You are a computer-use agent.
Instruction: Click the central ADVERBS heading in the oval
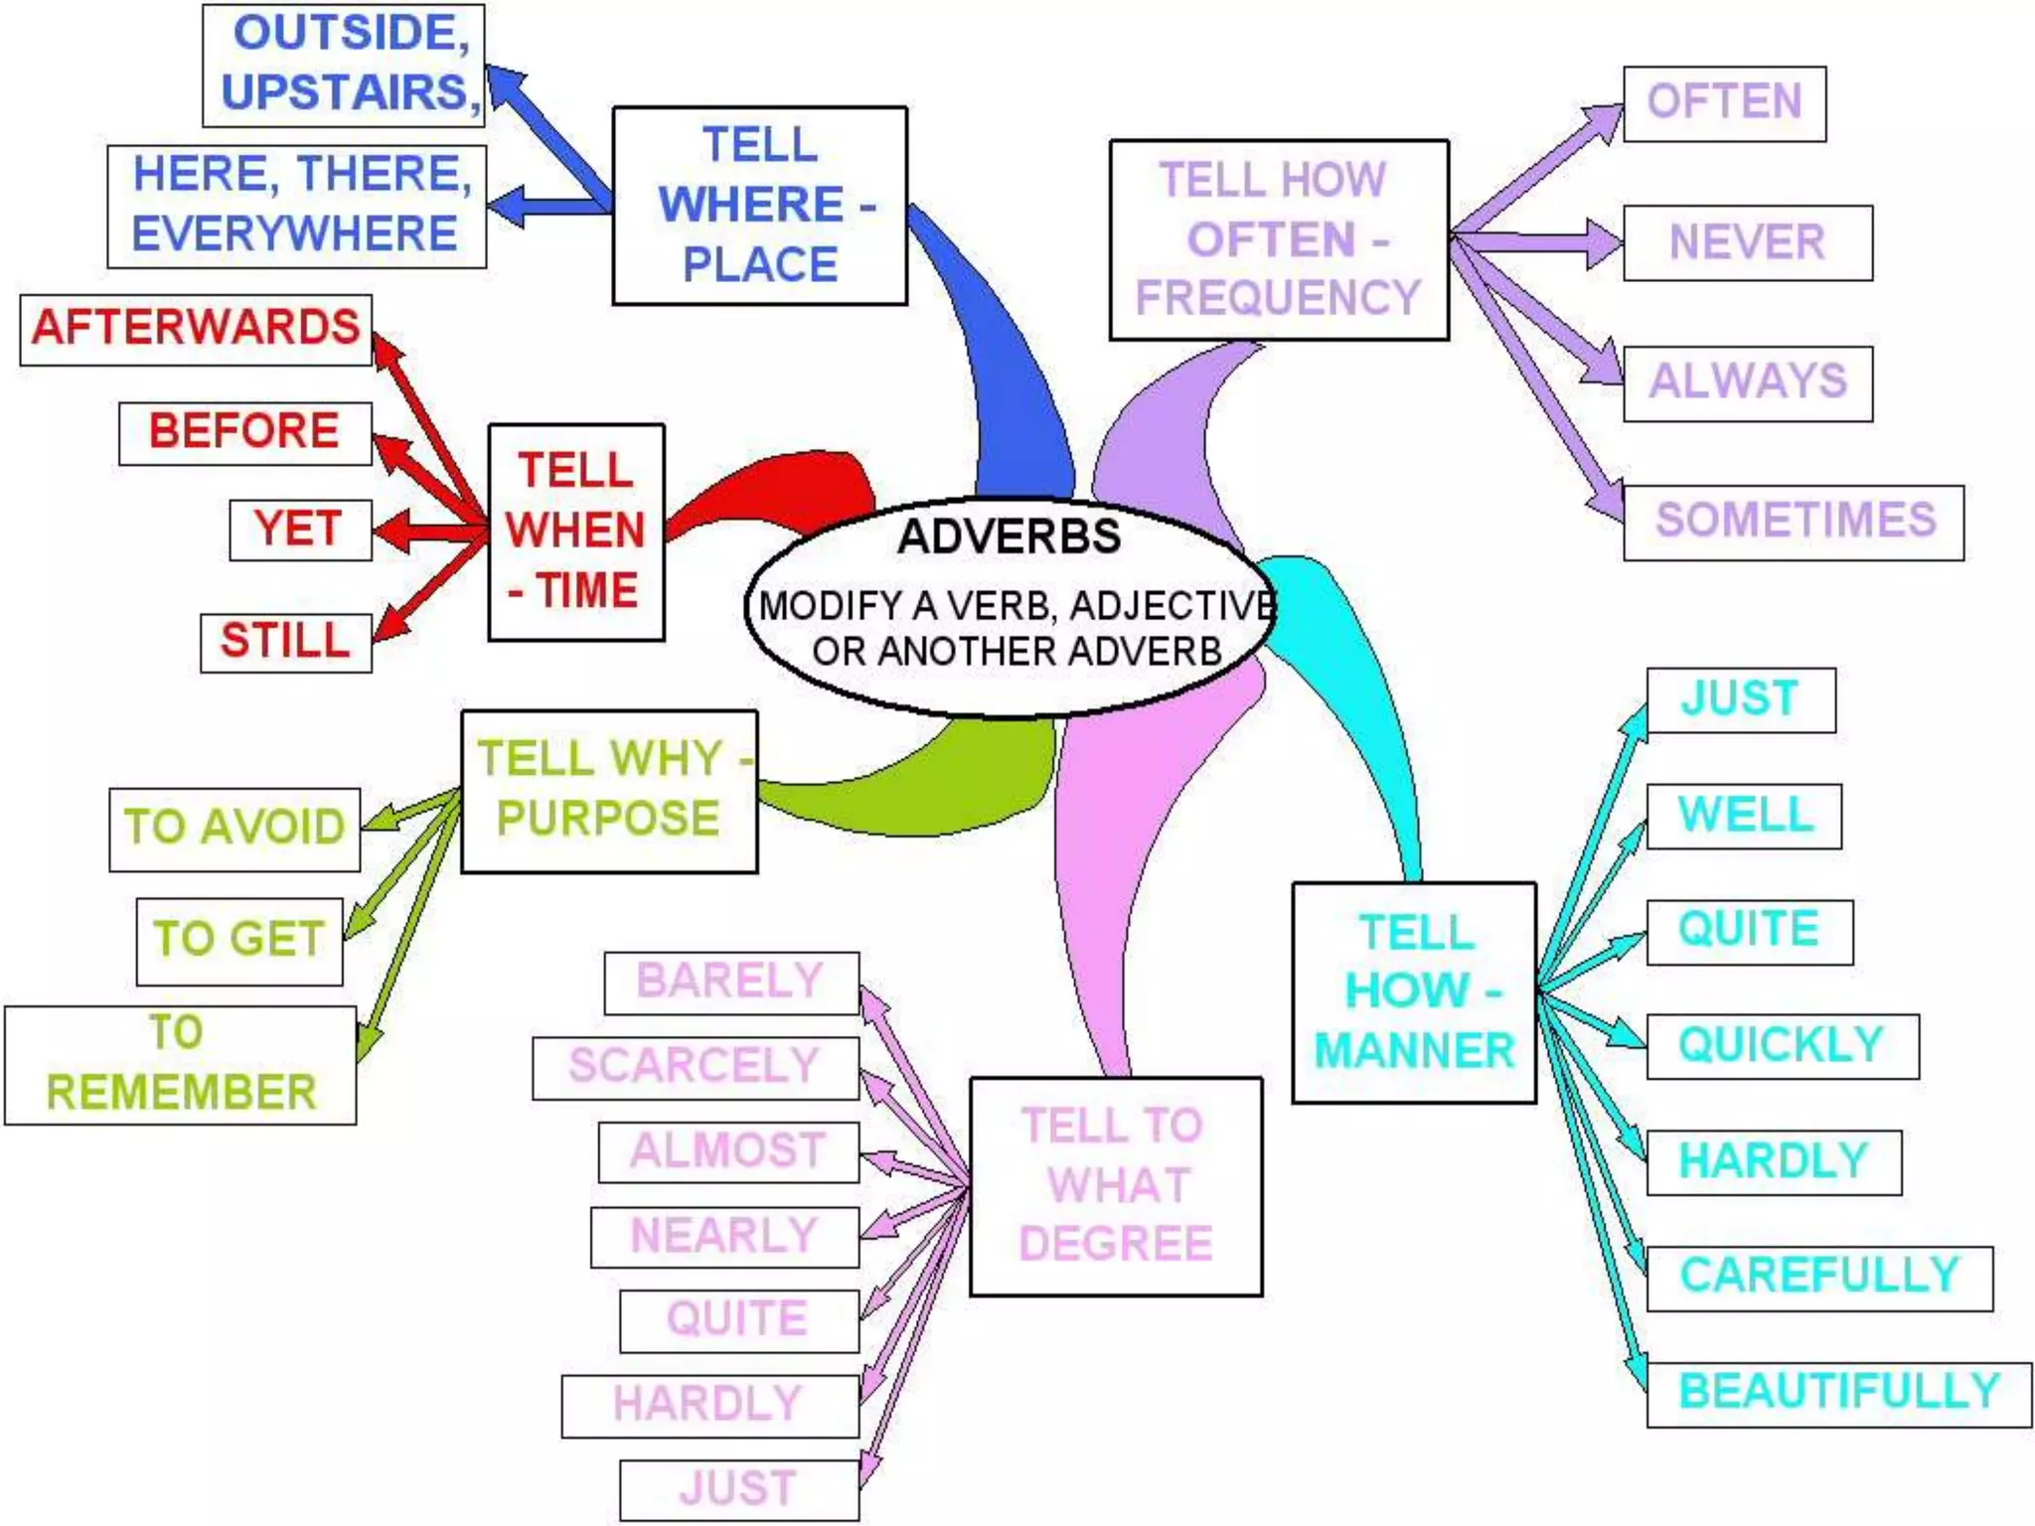tap(1009, 536)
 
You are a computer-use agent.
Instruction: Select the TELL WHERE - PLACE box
tap(760, 206)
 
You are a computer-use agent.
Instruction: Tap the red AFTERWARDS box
tap(196, 329)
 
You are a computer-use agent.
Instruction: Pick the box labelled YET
tap(300, 530)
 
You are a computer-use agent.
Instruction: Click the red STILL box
tap(286, 642)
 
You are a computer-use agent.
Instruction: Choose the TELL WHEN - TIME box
tap(576, 533)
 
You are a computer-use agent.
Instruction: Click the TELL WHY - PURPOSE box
tap(609, 791)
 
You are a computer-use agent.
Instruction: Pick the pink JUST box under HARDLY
tap(738, 1489)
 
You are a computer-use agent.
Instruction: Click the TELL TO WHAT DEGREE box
tap(1116, 1186)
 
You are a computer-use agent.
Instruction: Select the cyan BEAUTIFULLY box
tap(1838, 1394)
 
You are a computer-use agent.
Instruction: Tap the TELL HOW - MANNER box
tap(1414, 992)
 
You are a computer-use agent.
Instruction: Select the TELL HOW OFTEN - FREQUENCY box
tap(1279, 240)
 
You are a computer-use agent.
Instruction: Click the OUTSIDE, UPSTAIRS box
tap(344, 65)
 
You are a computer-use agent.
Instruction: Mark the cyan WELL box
tap(1744, 816)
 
